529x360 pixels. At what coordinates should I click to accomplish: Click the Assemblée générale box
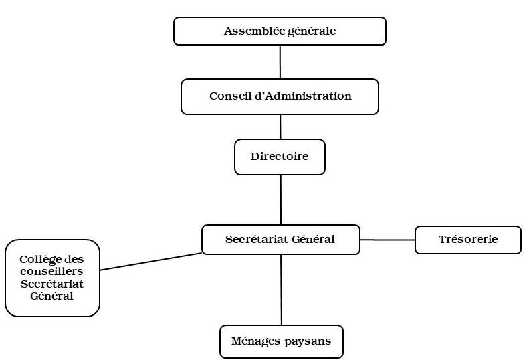280,31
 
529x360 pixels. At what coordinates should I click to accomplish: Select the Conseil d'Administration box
280,96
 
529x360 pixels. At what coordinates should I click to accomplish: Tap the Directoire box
280,157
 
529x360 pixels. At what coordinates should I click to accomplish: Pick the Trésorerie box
467,240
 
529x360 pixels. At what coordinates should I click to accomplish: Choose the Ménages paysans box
281,341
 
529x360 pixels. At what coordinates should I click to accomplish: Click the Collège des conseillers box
52,278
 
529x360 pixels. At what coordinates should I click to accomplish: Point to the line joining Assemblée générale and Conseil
280,62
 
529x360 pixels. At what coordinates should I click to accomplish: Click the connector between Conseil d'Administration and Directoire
280,126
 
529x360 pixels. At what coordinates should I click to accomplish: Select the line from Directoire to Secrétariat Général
280,199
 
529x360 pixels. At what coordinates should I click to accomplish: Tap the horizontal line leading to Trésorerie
387,240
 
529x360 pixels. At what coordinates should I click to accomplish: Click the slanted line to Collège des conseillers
150,262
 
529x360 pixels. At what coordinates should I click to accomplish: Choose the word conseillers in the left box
52,272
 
